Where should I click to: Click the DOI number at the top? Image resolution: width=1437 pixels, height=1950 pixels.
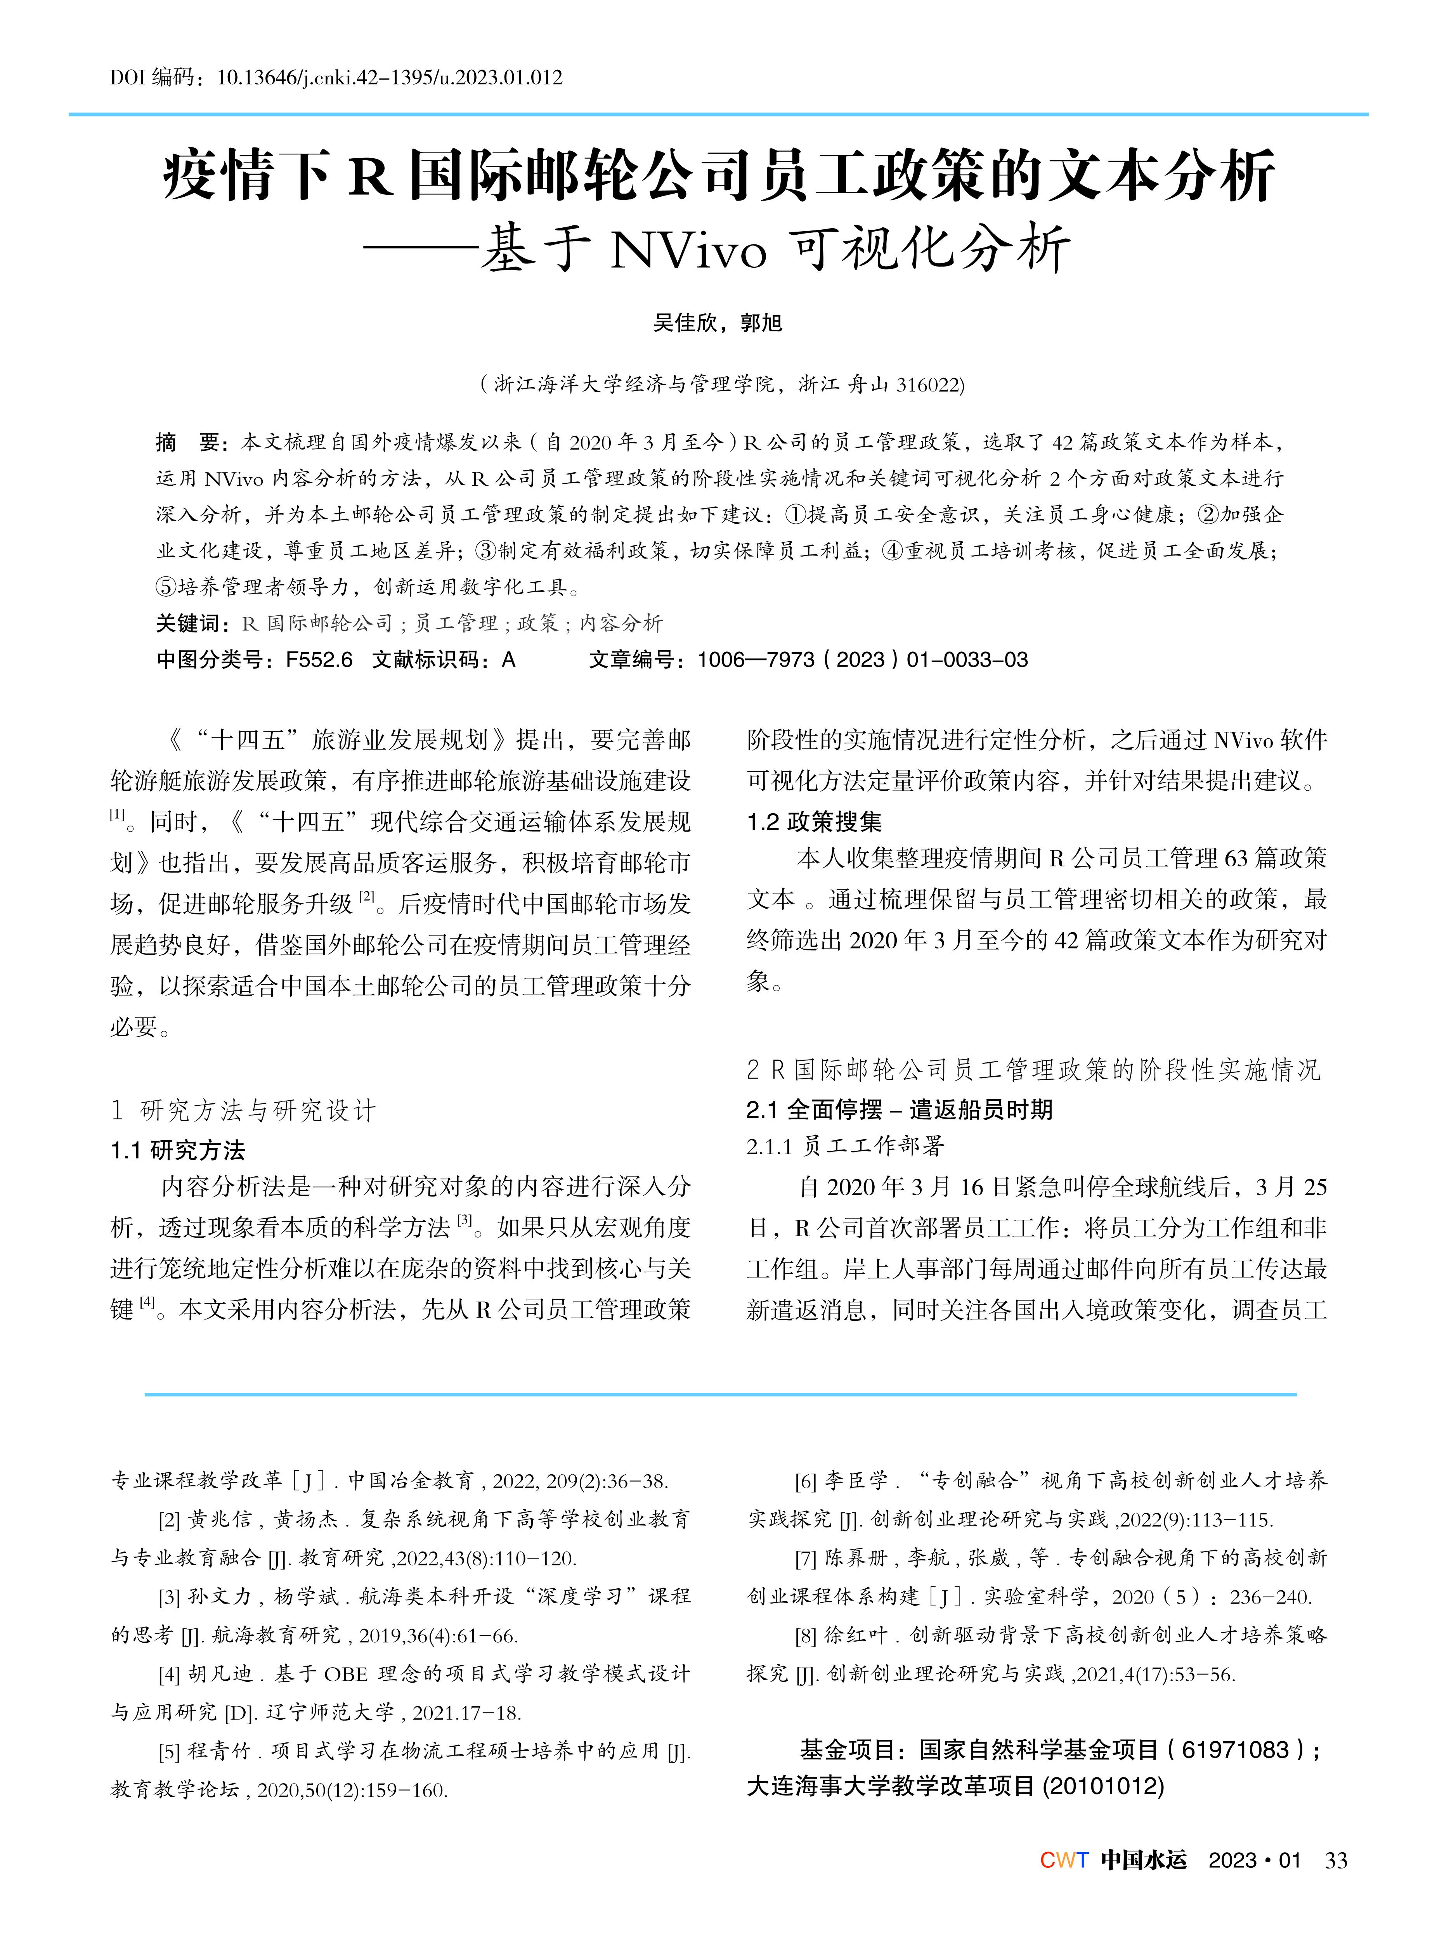[389, 78]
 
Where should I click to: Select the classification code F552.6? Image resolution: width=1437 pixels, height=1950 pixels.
[319, 660]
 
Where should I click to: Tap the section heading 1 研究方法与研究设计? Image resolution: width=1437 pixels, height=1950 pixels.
[244, 1111]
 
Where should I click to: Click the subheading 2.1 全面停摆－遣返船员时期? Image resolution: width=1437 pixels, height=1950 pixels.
[900, 1110]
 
